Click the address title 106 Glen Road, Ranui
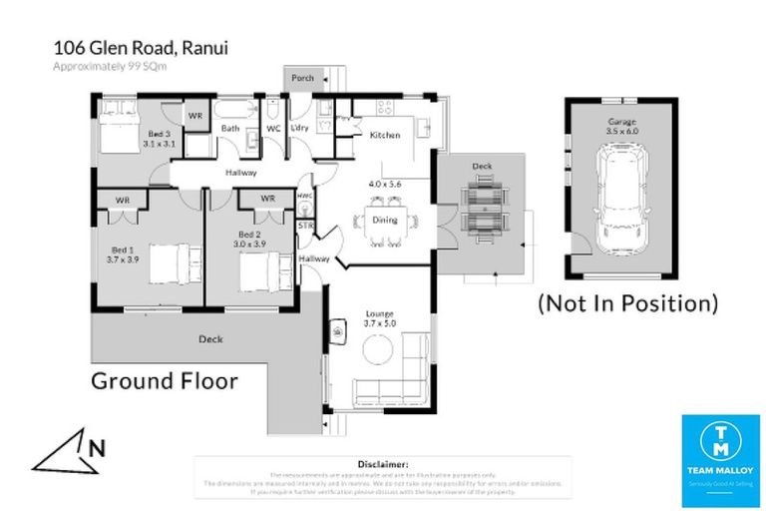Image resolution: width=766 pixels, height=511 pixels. tap(141, 49)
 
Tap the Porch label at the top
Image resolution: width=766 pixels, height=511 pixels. tap(302, 77)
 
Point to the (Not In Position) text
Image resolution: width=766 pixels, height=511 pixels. tap(627, 301)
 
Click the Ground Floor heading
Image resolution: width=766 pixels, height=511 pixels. tap(165, 380)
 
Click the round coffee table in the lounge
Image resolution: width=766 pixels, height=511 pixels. tap(377, 348)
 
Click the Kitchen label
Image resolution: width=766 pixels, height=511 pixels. tap(385, 134)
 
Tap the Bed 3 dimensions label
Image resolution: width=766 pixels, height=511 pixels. tap(158, 139)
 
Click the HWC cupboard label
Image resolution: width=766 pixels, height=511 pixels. tap(304, 197)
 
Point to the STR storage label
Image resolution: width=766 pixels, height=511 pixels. tap(306, 227)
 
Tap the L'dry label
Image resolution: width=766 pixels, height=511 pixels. tap(299, 129)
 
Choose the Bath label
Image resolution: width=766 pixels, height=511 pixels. tap(230, 129)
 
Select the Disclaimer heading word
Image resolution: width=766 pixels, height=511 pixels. tap(382, 465)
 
